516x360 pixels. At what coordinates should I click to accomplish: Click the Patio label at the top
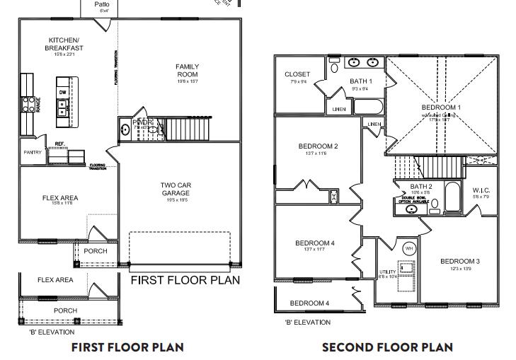(103, 4)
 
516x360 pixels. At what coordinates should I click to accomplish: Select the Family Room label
(187, 70)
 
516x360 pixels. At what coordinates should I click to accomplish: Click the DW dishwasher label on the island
(63, 92)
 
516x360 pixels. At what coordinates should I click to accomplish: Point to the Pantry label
(33, 152)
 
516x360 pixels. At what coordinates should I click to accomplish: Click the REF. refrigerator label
(59, 144)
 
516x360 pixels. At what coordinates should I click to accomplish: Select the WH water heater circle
(409, 248)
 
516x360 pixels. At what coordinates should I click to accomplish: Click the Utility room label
(387, 272)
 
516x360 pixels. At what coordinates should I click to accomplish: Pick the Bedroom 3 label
(459, 262)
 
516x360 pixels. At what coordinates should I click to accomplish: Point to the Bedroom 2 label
(316, 146)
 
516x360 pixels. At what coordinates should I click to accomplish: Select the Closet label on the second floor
(297, 74)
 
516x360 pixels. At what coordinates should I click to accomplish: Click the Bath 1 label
(360, 81)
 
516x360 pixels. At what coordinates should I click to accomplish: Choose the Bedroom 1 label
(441, 108)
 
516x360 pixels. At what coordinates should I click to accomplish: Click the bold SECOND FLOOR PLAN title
(386, 347)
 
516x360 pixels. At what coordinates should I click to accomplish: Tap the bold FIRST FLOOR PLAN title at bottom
(127, 347)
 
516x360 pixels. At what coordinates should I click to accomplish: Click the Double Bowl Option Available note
(414, 199)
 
